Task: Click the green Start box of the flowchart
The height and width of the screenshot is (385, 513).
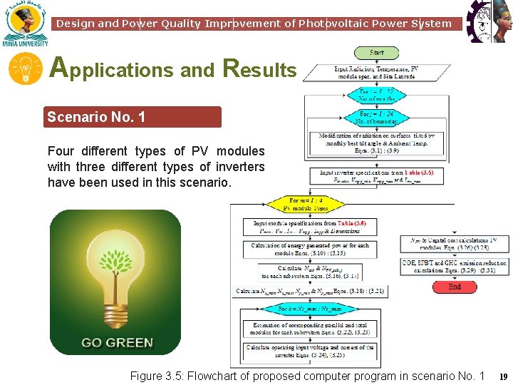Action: click(x=375, y=53)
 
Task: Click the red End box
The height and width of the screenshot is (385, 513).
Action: click(x=455, y=287)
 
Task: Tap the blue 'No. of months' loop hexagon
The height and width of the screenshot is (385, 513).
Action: click(x=376, y=95)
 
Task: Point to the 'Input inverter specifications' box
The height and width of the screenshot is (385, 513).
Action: click(x=377, y=177)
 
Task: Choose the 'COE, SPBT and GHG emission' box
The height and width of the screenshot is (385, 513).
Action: click(x=455, y=267)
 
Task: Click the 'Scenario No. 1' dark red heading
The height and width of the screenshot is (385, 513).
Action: click(x=133, y=116)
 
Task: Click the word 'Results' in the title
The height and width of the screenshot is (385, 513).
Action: click(x=259, y=68)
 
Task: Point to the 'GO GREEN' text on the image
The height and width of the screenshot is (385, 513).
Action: click(x=117, y=342)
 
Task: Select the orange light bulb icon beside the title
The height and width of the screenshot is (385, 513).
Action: click(x=25, y=69)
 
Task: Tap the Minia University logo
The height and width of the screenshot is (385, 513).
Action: click(x=25, y=24)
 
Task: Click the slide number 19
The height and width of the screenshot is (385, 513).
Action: click(x=503, y=376)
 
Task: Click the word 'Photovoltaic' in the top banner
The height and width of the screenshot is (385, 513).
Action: click(x=341, y=24)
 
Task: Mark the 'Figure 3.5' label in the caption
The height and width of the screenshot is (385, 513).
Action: click(x=155, y=376)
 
